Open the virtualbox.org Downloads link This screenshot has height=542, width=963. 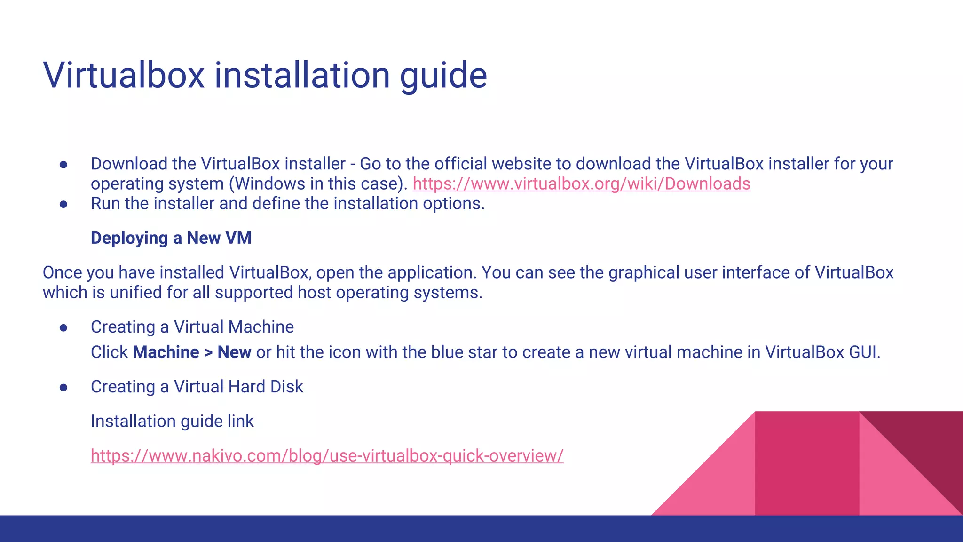coord(581,184)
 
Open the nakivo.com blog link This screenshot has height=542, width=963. coord(327,456)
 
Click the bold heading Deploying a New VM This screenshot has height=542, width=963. coord(171,238)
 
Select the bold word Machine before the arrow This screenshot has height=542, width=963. coord(166,352)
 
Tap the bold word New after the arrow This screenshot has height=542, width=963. coord(234,352)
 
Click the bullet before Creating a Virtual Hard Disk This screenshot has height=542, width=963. coord(64,388)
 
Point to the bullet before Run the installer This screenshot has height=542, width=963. coord(64,205)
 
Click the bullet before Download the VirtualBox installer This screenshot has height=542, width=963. coord(64,165)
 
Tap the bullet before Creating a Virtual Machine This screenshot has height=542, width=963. coord(64,328)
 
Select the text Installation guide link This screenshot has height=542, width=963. coord(172,422)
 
